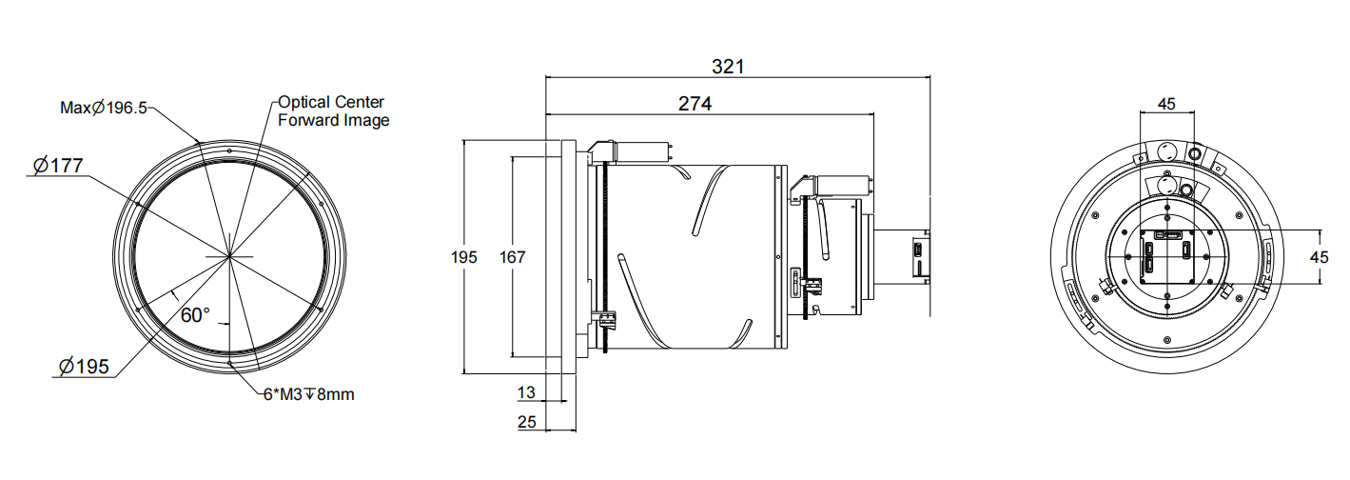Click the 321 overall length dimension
[728, 67]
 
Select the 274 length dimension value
[695, 103]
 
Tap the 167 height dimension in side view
[513, 256]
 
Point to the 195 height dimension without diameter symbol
[463, 256]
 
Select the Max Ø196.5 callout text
[104, 108]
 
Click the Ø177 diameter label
[57, 166]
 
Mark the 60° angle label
[194, 314]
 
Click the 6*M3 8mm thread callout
[308, 394]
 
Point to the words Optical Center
[330, 102]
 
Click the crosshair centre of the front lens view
[228, 256]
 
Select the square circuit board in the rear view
[1168, 257]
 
